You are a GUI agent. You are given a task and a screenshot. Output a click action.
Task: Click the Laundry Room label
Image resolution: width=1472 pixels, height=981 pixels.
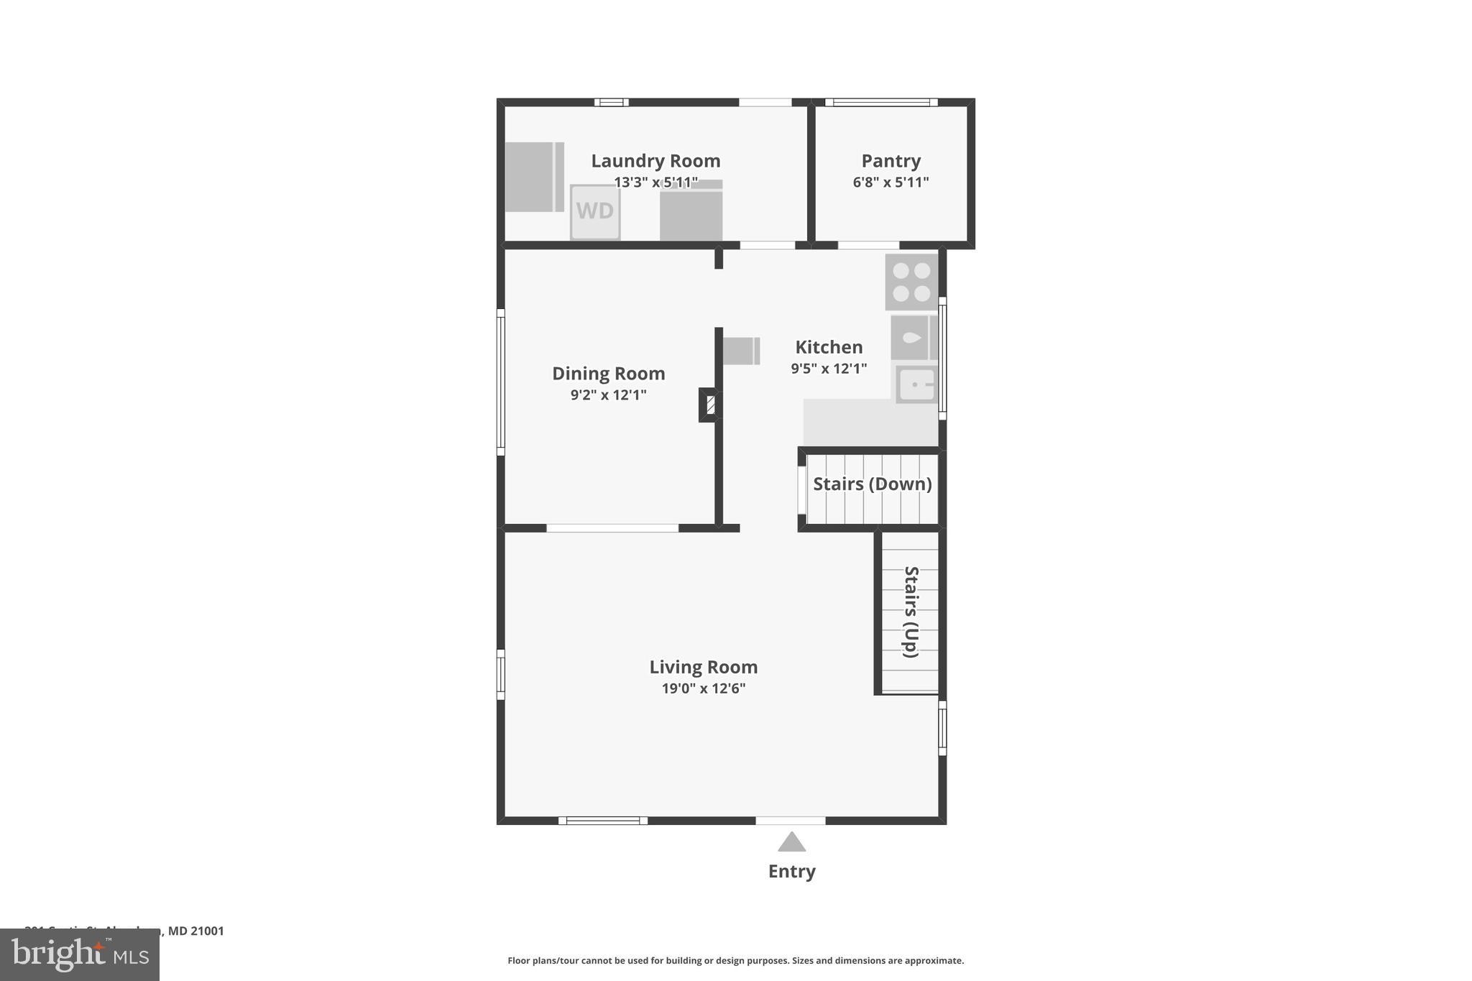pyautogui.click(x=655, y=161)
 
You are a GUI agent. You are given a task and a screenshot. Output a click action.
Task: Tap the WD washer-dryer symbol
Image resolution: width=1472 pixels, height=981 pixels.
pyautogui.click(x=595, y=211)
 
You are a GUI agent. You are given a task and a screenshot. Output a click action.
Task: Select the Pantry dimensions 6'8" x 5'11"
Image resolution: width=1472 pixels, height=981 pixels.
pyautogui.click(x=891, y=183)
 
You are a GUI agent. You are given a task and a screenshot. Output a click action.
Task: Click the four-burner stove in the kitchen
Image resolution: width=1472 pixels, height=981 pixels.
pyautogui.click(x=911, y=282)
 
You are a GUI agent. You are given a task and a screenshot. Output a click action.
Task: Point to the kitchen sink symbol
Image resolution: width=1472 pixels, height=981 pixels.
pyautogui.click(x=916, y=384)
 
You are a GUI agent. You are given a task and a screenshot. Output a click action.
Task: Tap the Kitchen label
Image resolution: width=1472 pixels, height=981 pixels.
pyautogui.click(x=829, y=347)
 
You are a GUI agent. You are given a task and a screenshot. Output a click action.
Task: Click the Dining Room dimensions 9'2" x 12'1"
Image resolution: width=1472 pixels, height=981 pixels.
pyautogui.click(x=608, y=395)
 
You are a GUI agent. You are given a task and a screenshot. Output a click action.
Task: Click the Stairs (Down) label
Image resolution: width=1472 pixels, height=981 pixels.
pyautogui.click(x=872, y=484)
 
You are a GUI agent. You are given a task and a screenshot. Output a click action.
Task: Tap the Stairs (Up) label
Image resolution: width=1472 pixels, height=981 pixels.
pyautogui.click(x=911, y=612)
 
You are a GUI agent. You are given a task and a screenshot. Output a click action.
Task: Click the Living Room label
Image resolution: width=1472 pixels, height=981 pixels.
pyautogui.click(x=703, y=667)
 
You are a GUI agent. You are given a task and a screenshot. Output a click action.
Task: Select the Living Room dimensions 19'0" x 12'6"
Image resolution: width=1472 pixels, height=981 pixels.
pyautogui.click(x=703, y=688)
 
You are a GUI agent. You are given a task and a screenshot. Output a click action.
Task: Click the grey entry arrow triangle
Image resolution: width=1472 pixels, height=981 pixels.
pyautogui.click(x=791, y=842)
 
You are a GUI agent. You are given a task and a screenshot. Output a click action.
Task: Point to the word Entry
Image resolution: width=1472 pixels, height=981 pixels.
pyautogui.click(x=791, y=871)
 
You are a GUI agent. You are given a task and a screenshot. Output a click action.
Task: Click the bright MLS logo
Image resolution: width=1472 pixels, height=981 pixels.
pyautogui.click(x=80, y=955)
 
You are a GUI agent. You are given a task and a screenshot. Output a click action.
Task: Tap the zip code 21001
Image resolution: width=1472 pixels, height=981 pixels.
pyautogui.click(x=207, y=931)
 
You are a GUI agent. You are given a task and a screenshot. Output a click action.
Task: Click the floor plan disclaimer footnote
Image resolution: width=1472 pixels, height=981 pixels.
pyautogui.click(x=735, y=960)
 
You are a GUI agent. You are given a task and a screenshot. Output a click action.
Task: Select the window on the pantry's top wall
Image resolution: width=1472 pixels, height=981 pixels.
pyautogui.click(x=881, y=102)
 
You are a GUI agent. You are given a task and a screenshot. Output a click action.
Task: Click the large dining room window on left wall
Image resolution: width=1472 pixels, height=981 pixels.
pyautogui.click(x=501, y=382)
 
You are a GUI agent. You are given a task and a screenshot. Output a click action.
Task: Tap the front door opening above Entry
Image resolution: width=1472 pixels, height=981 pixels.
pyautogui.click(x=790, y=820)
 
